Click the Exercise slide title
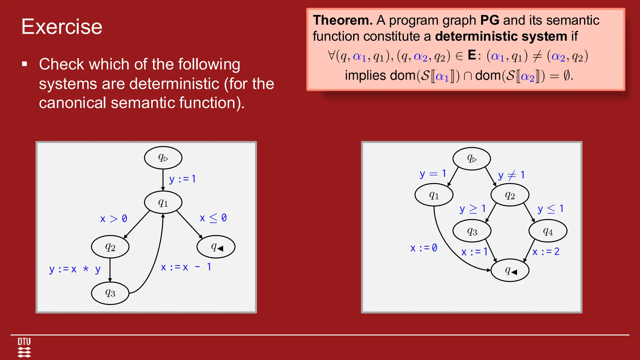62,27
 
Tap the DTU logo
24,347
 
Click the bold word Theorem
342,20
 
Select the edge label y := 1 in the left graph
182,179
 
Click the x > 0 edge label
113,218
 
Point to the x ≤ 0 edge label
213,218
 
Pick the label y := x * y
75,269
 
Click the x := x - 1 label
186,267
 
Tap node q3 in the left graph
110,293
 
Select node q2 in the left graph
110,247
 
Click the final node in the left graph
216,247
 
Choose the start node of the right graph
472,159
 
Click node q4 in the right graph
547,231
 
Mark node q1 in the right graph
434,195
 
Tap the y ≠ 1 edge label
511,175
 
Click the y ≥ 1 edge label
472,209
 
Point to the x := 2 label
546,252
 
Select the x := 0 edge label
424,248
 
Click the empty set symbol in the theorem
567,76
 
